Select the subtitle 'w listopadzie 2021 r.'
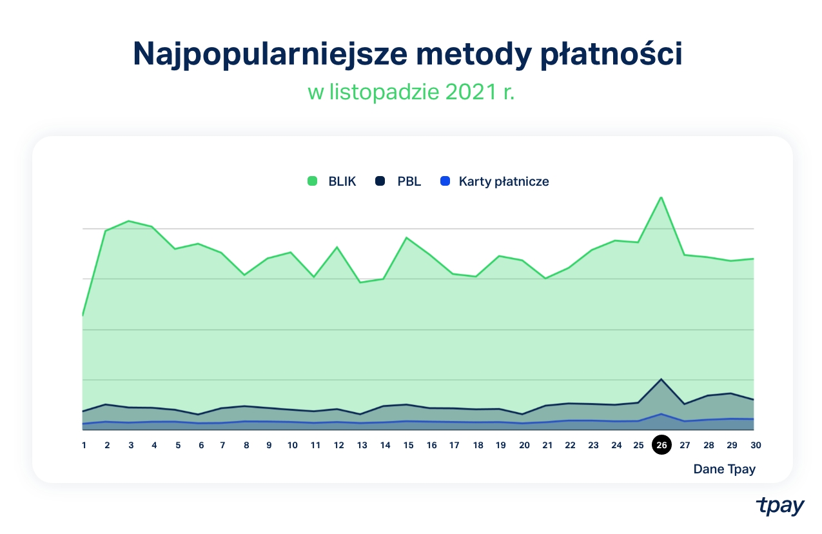[x=411, y=92]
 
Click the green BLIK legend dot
[x=313, y=181]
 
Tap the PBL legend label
[x=409, y=181]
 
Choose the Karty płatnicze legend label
[x=504, y=181]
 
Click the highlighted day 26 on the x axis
[x=661, y=445]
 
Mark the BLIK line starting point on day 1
[x=83, y=315]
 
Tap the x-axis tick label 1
[x=84, y=445]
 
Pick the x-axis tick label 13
[x=362, y=445]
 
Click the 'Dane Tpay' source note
[x=724, y=469]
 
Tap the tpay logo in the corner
[x=780, y=506]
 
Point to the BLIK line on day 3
[x=130, y=221]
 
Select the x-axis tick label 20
[x=524, y=445]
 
